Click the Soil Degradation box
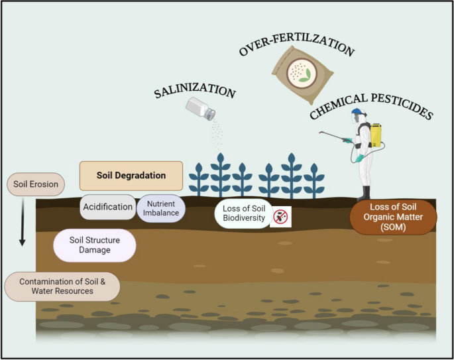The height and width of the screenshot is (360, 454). point(131,176)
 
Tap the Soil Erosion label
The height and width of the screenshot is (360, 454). point(35,184)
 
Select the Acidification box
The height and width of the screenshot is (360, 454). point(108,207)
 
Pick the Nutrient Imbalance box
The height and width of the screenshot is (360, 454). point(161,209)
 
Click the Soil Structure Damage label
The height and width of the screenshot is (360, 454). point(94,245)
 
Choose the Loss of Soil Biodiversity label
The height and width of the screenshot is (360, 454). point(243,214)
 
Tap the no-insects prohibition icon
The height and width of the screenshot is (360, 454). point(281,215)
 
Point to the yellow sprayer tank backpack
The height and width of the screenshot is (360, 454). point(375,135)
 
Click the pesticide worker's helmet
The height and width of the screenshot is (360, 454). point(358,113)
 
